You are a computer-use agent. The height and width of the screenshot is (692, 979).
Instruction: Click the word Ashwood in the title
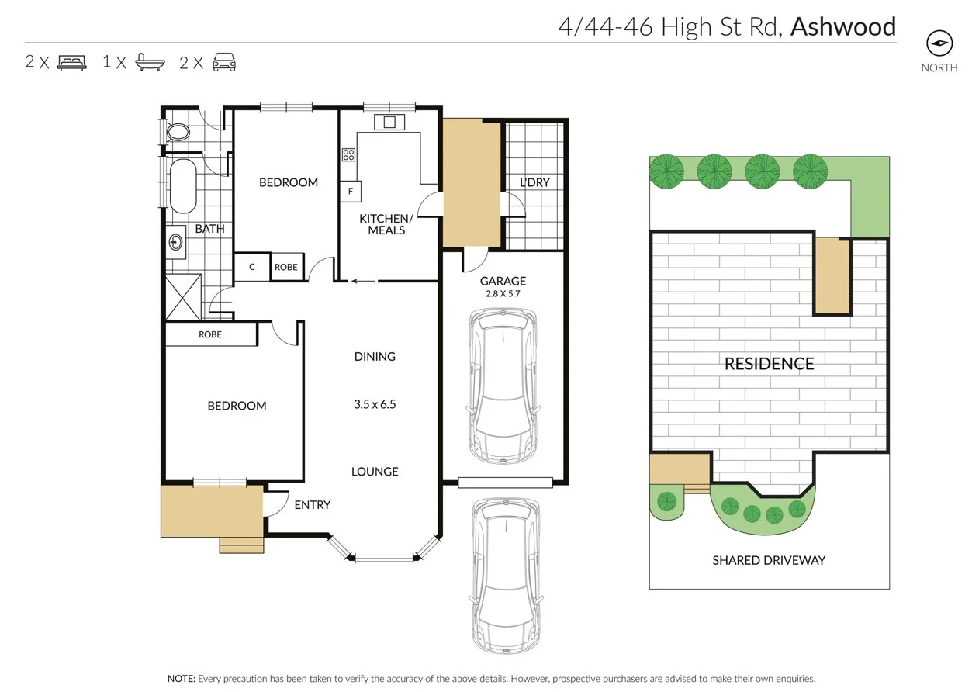[842, 27]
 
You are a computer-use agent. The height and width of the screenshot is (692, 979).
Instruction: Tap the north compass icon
[939, 43]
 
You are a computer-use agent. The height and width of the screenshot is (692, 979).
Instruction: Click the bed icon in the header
[71, 63]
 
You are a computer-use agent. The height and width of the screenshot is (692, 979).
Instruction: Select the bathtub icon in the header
[150, 63]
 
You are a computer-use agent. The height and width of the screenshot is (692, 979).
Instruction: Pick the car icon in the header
[224, 63]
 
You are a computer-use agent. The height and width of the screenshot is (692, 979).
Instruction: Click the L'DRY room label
[534, 182]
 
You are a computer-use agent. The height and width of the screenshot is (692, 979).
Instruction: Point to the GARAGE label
[503, 281]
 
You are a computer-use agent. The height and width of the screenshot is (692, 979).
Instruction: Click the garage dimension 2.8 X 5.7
[503, 294]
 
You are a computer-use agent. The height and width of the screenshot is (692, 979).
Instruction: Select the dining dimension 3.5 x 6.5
[375, 404]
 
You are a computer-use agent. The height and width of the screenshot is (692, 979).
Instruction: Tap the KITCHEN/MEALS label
[386, 224]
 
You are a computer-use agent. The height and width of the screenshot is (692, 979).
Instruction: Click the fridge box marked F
[350, 191]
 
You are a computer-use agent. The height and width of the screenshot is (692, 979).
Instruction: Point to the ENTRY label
[313, 505]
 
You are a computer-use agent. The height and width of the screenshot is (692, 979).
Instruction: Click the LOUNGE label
[375, 472]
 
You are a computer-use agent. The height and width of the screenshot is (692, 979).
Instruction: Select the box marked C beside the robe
[252, 267]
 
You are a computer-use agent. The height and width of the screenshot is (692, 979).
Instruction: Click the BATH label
[209, 229]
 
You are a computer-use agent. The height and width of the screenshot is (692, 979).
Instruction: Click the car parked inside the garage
[503, 386]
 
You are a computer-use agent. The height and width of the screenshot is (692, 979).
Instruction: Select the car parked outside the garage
[505, 575]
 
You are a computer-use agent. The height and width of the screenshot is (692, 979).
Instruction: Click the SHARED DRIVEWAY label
[769, 560]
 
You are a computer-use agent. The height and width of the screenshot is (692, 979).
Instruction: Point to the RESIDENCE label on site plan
[769, 364]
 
